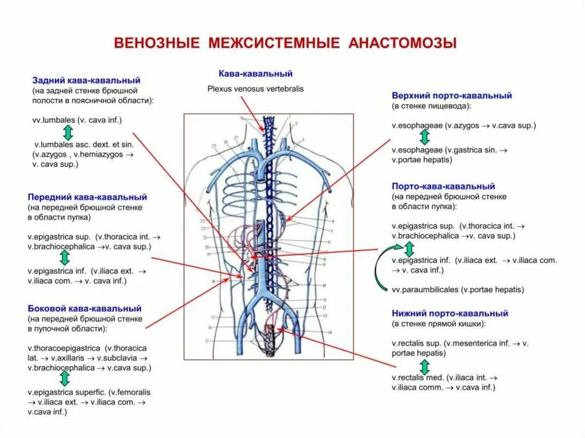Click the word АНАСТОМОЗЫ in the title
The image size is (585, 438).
tap(403, 44)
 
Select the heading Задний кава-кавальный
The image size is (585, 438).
tap(86, 81)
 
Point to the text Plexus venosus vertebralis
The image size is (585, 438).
tap(255, 89)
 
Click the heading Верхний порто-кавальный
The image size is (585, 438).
tap(451, 95)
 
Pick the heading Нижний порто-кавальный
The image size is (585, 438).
tap(450, 313)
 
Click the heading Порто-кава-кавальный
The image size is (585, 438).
tap(443, 186)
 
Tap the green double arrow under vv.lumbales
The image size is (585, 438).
tap(67, 132)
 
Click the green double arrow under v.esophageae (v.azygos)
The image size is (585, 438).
tap(424, 137)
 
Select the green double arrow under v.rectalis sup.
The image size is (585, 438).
tap(424, 366)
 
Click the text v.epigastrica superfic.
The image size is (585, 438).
tap(67, 392)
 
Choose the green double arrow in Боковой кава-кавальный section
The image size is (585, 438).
tap(65, 379)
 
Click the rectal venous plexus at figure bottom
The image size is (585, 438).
tap(269, 343)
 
